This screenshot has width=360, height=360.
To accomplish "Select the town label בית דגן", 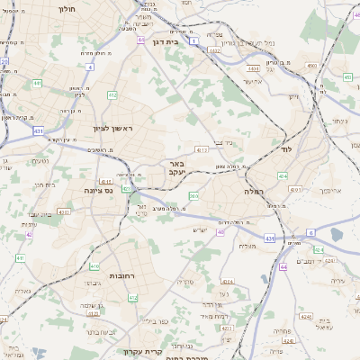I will click(x=186, y=40).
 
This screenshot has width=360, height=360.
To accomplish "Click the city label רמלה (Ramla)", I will click(x=253, y=192).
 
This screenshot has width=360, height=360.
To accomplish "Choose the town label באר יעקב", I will click(x=176, y=168).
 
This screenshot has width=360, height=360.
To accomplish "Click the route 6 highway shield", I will click(x=310, y=232).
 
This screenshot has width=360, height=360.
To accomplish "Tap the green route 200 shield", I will click(x=193, y=195).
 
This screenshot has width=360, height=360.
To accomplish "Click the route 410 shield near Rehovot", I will click(x=94, y=266).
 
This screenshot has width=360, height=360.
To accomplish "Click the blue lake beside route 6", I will click(x=337, y=235).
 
